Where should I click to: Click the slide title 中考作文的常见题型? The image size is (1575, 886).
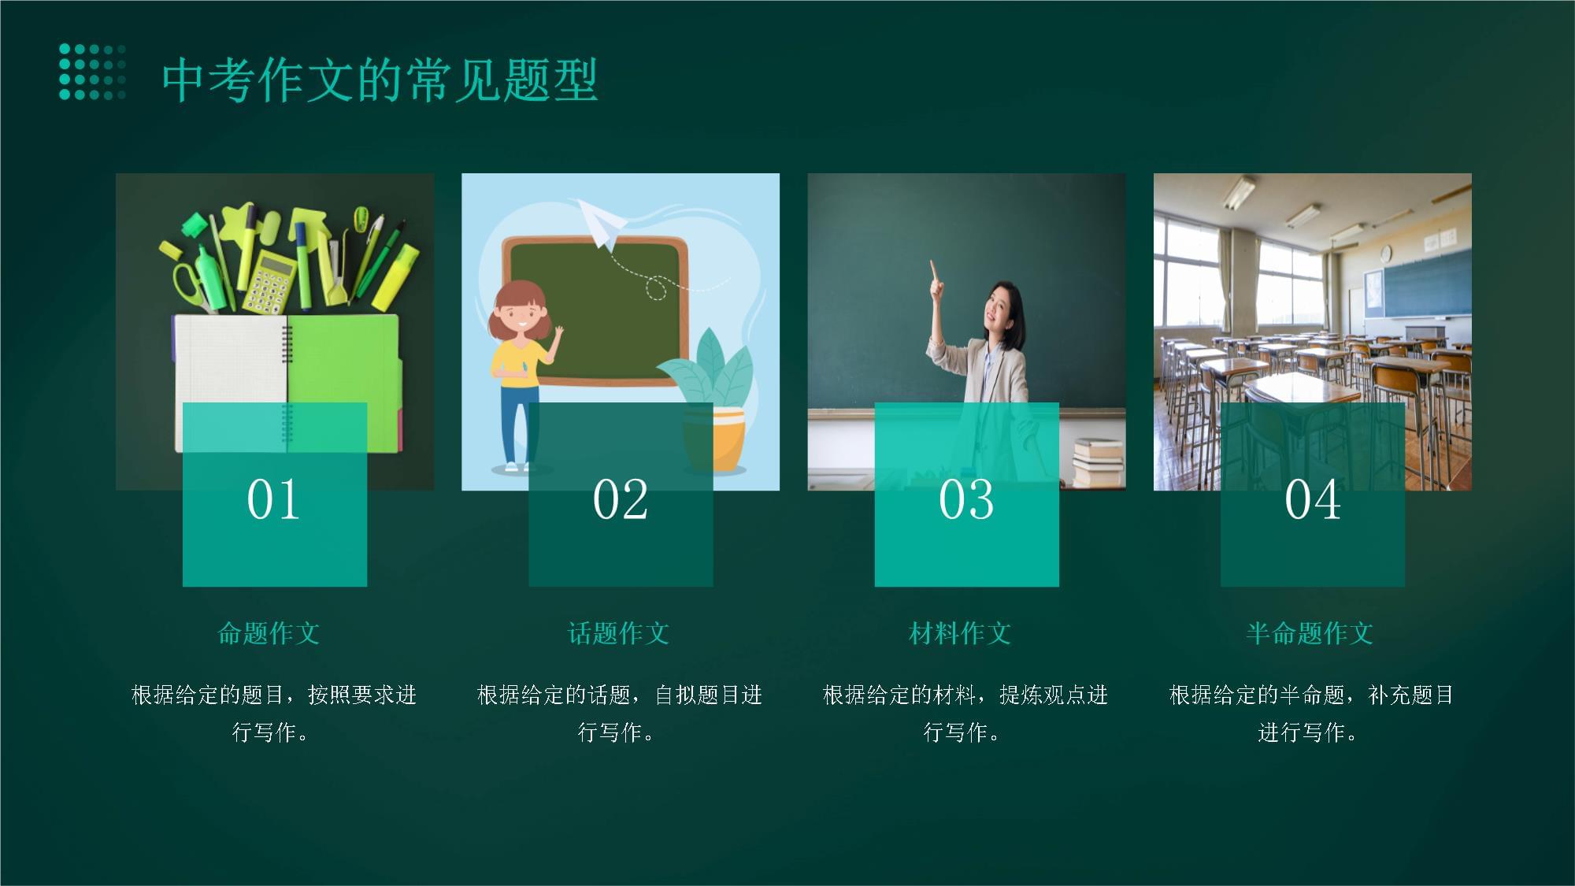[380, 80]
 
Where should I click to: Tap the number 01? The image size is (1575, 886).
[273, 499]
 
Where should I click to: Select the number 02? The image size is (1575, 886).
[621, 499]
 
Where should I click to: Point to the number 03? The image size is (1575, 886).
[966, 499]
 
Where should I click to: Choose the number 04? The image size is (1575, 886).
[1313, 499]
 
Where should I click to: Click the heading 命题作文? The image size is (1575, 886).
[269, 633]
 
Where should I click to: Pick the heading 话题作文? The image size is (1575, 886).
[619, 633]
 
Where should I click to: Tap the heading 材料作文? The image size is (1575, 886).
[960, 633]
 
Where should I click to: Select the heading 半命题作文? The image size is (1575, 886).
[1310, 633]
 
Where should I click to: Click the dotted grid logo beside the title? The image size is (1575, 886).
[92, 72]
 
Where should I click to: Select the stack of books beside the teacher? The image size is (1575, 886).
[1099, 462]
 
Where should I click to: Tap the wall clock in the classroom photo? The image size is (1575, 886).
[1385, 254]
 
